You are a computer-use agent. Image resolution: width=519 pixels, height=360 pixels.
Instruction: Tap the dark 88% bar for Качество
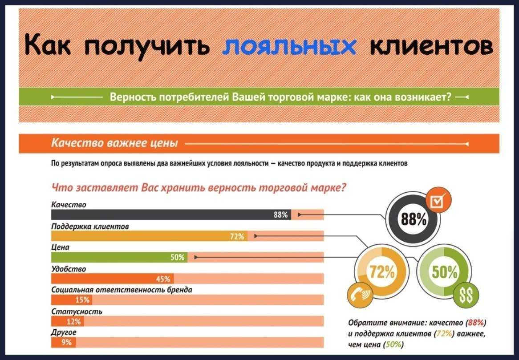171,215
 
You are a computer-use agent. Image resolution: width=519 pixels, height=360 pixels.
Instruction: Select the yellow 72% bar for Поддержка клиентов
149,236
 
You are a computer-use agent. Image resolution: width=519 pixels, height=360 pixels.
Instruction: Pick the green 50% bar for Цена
119,257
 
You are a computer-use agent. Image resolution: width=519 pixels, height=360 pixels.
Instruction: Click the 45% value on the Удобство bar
163,279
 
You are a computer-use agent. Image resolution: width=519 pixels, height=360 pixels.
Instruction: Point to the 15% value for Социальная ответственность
82,300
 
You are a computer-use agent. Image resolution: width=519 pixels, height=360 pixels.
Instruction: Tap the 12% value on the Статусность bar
73,321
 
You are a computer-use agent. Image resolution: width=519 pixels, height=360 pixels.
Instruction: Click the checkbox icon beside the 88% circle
438,200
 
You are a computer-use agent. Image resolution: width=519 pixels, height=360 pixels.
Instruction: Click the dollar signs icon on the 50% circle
466,295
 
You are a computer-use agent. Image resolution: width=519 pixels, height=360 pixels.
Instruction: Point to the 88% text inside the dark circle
414,218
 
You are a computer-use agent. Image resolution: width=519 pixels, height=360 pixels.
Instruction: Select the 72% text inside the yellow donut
382,272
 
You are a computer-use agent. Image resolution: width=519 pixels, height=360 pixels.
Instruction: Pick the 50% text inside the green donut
445,272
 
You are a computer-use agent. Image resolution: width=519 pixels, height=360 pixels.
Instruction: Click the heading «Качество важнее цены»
114,143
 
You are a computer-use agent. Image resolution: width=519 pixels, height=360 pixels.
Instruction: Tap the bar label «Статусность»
77,311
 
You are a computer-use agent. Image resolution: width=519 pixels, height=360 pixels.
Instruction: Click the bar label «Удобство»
69,269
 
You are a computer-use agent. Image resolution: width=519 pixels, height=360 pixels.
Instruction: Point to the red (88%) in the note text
476,322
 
